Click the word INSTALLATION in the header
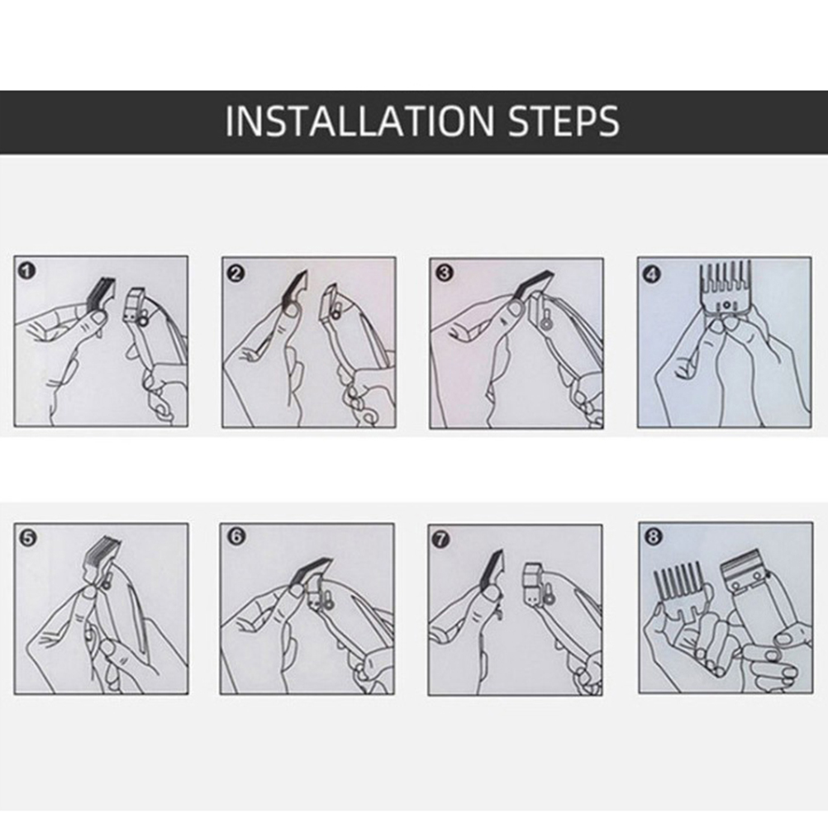pos(359,121)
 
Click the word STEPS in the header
pos(564,121)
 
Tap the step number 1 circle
pos(26,271)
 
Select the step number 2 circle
pos(236,273)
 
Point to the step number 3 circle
pos(444,273)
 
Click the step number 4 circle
pos(652,274)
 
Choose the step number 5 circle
pos(27,538)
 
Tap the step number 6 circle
pos(236,536)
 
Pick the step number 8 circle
pos(653,537)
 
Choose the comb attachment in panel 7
pos(493,572)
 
